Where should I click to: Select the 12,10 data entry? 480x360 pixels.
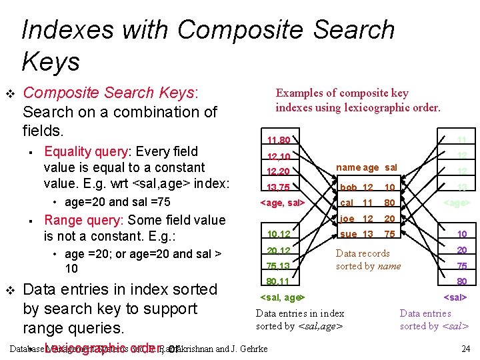click(277, 157)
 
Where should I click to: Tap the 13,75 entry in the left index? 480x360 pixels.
click(277, 187)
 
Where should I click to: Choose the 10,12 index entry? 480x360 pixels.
click(277, 234)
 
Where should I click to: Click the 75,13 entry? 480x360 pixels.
click(277, 265)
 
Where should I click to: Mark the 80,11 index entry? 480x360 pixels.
click(277, 281)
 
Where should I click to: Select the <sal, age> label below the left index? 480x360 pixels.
click(282, 297)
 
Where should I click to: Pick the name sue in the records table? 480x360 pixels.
click(348, 234)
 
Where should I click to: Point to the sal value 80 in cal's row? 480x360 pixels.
click(390, 203)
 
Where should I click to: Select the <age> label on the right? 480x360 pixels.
click(457, 203)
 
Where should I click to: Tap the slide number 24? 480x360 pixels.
click(465, 349)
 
